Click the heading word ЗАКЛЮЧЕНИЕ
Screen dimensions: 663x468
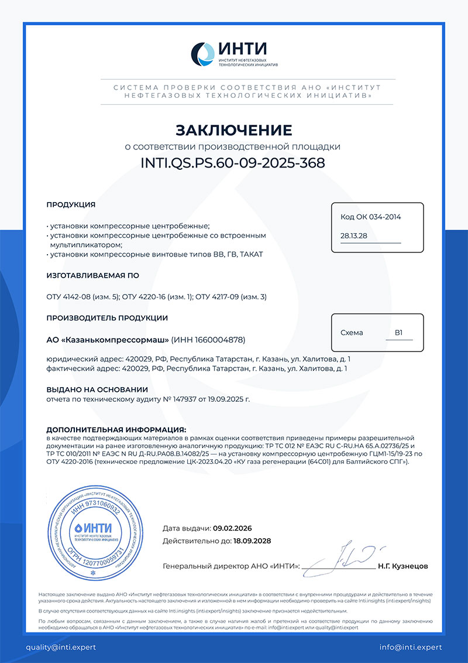point(233,129)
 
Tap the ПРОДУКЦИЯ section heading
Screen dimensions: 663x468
point(71,204)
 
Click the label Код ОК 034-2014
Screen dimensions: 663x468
point(371,217)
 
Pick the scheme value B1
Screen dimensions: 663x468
point(398,332)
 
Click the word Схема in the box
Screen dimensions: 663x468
point(352,333)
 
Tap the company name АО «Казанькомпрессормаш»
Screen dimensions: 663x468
point(108,340)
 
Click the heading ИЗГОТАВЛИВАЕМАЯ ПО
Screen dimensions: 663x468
point(92,275)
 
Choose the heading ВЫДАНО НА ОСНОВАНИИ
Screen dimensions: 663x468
point(97,389)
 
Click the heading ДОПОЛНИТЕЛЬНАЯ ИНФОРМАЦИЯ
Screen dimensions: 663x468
point(116,429)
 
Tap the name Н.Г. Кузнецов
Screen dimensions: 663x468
point(403,566)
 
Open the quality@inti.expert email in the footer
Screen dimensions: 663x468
point(60,647)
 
